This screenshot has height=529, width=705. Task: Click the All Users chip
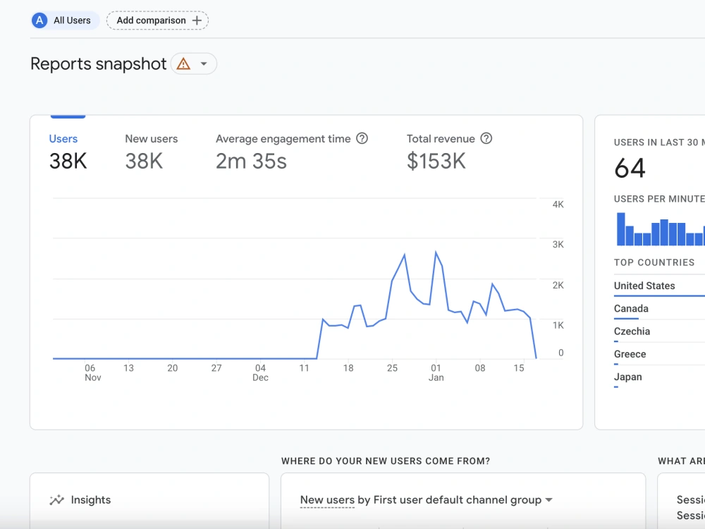(x=65, y=20)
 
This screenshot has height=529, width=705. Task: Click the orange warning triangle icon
(x=183, y=64)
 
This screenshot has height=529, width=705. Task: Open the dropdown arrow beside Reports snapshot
(x=204, y=64)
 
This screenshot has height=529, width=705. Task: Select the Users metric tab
(x=63, y=138)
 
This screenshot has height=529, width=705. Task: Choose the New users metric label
(x=152, y=138)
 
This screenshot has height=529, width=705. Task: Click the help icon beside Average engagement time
(x=362, y=138)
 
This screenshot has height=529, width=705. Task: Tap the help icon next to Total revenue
(x=486, y=138)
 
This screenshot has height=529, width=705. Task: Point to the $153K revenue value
(x=436, y=161)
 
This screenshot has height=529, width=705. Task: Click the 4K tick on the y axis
(x=558, y=205)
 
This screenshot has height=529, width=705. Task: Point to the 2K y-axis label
(x=558, y=285)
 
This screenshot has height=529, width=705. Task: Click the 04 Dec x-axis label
(x=260, y=372)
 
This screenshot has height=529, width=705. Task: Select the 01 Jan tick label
(x=436, y=372)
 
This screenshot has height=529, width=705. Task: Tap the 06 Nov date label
(x=92, y=372)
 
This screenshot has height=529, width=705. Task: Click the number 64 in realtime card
(x=630, y=169)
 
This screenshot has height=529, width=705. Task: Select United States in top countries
(x=644, y=286)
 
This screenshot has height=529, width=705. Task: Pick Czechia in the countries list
(x=632, y=332)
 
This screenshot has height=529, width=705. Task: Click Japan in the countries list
(x=627, y=377)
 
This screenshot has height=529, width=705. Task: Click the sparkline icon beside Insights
(x=56, y=500)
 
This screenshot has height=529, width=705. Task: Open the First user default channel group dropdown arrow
(x=549, y=500)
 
